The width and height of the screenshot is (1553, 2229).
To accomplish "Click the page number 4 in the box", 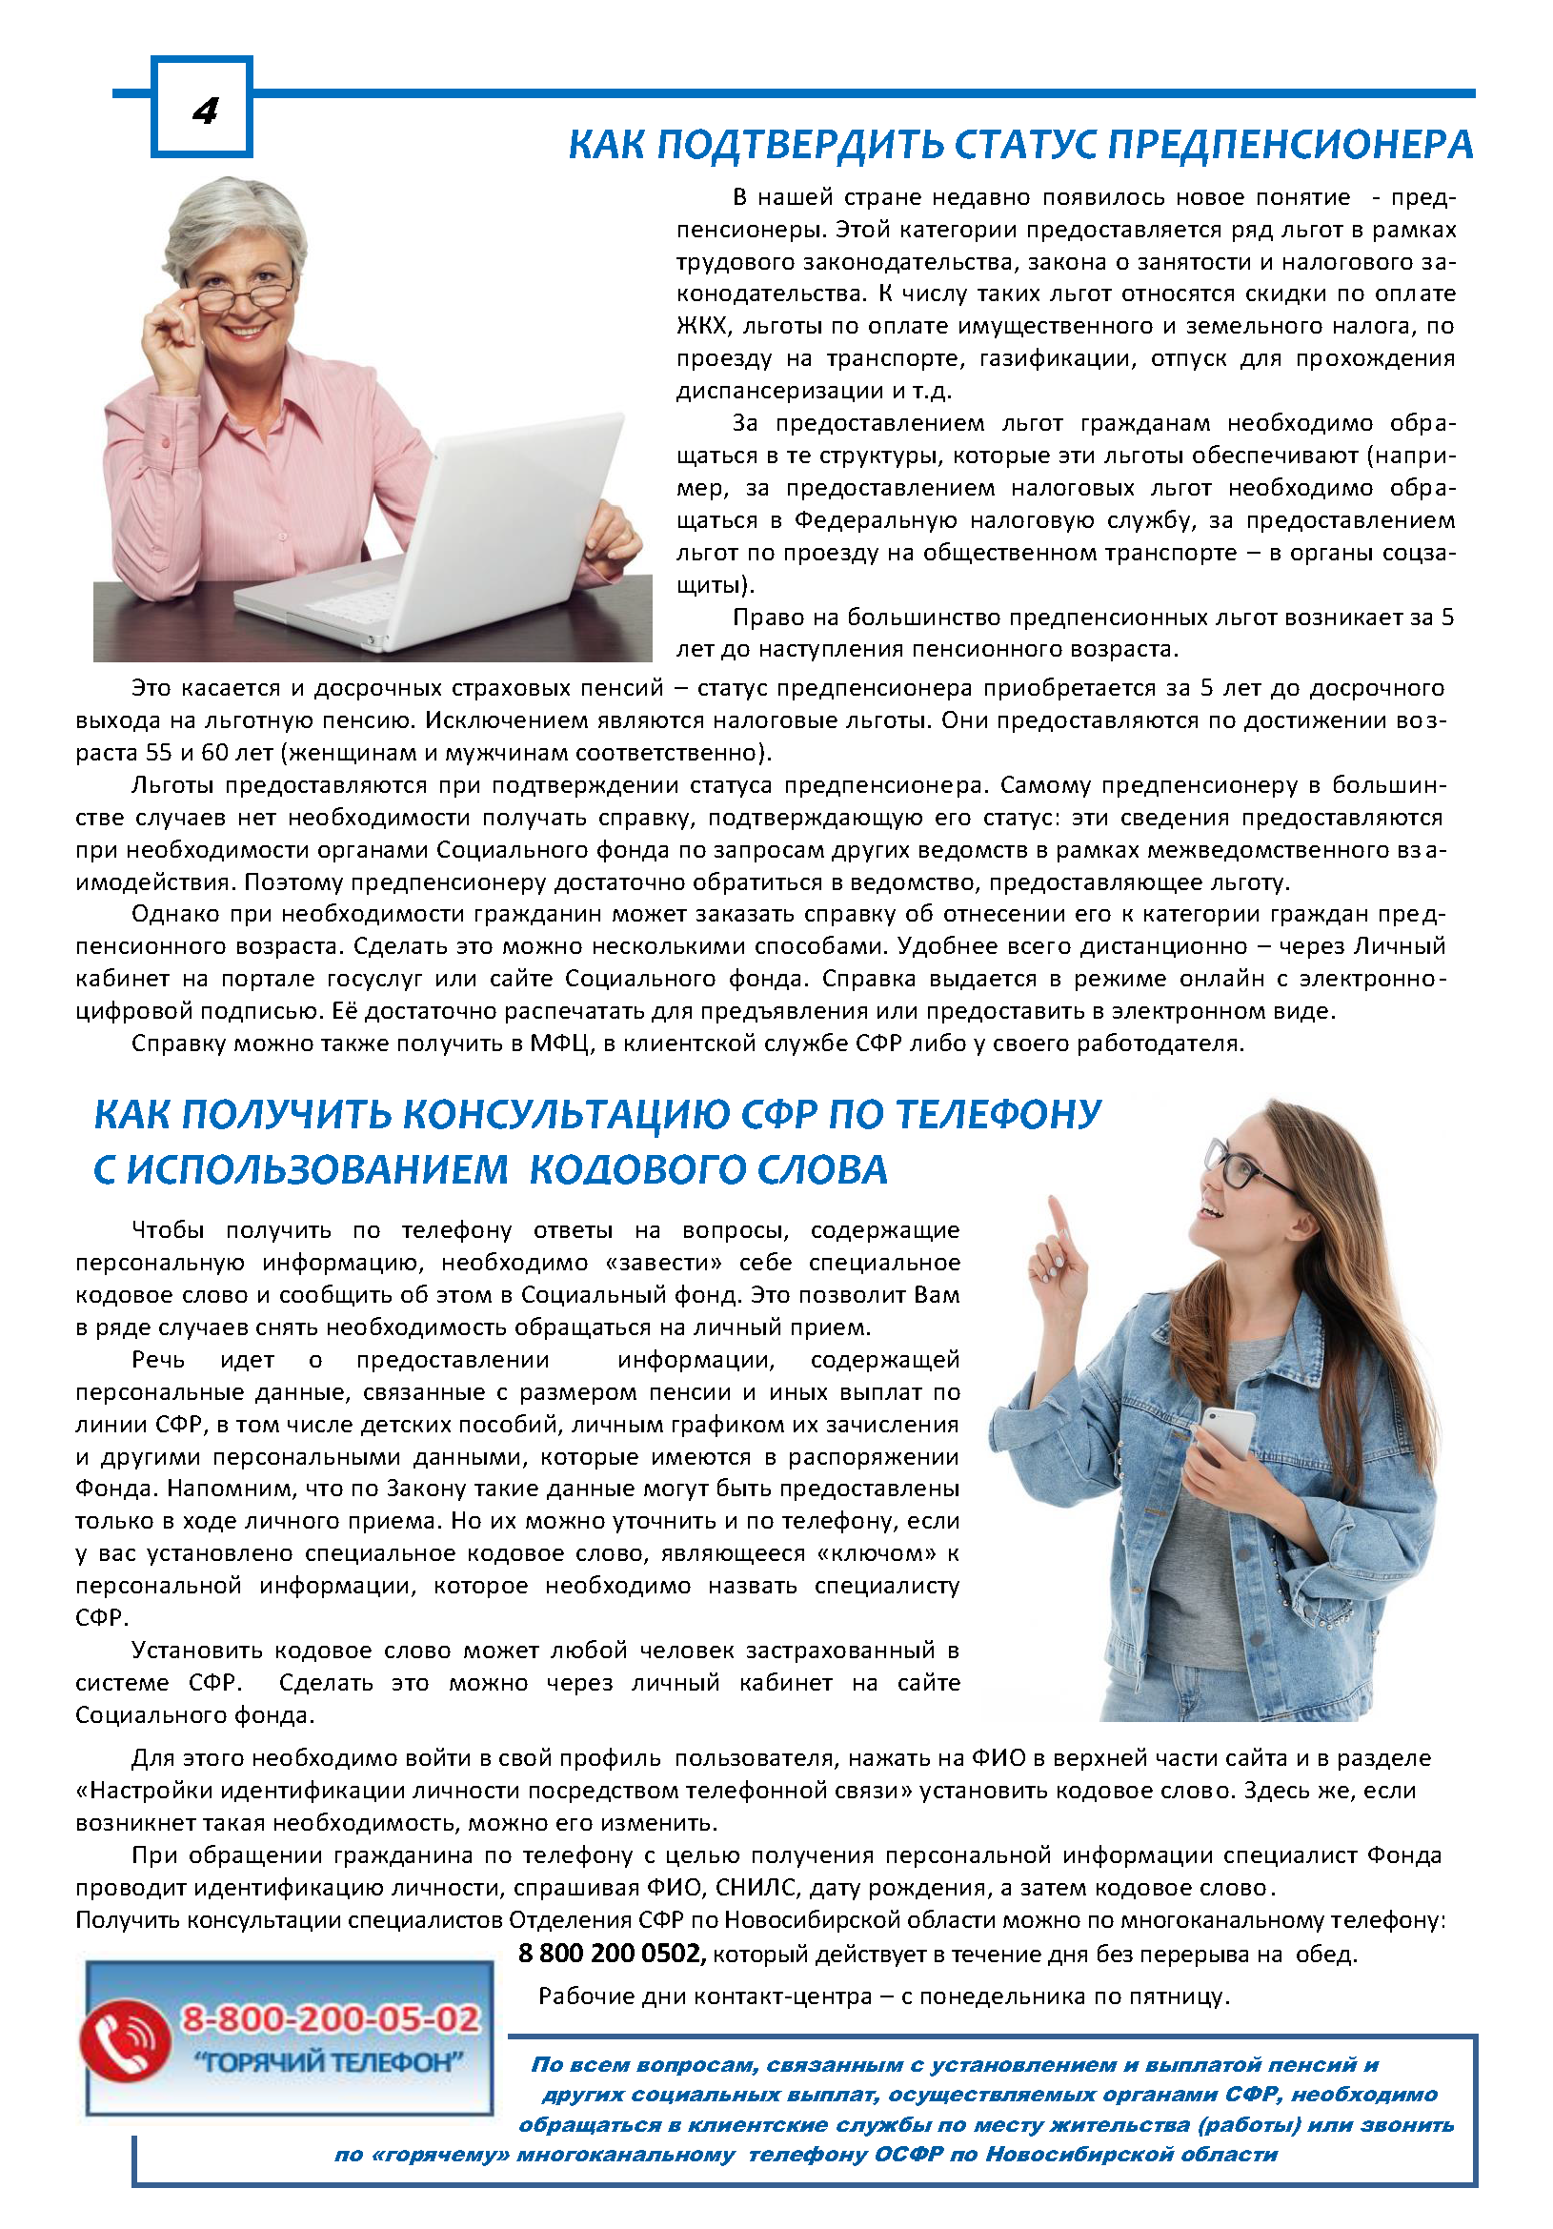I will click(x=205, y=111).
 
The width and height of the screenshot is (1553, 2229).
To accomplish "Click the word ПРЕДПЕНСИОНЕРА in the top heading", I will click(x=1290, y=146).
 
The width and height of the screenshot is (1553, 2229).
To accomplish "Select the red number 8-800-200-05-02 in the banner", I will click(x=331, y=2019).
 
